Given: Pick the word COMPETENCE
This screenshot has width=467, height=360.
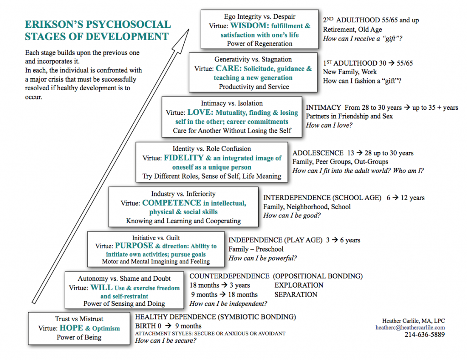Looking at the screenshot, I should click(171, 203).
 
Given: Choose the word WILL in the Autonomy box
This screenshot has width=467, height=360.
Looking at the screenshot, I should click(101, 288).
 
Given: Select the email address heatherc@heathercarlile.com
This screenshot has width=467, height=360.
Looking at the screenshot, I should click(410, 328).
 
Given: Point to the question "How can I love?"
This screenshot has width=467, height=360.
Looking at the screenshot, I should click(329, 125).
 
